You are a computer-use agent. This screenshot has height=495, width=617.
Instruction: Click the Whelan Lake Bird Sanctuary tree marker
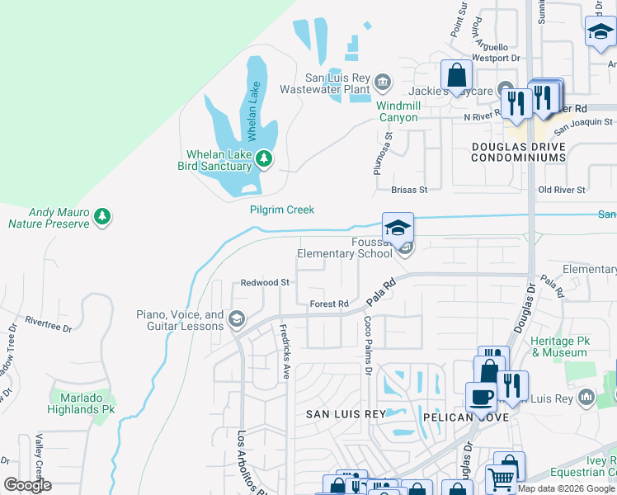point(263,158)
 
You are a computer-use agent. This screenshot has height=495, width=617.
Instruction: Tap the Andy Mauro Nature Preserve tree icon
point(102,217)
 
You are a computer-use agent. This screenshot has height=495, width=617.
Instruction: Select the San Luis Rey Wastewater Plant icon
point(382,81)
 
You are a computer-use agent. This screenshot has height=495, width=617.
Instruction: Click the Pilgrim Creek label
point(282,210)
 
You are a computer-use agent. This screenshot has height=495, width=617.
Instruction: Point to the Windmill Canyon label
point(398,111)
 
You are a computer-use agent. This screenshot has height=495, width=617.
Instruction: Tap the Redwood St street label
point(265,282)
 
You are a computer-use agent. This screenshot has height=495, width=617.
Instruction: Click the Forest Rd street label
point(329,304)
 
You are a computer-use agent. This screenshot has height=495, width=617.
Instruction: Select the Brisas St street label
point(409,190)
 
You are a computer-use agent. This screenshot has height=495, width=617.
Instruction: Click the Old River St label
point(561,190)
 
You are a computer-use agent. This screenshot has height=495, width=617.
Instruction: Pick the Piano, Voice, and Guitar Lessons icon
point(237,319)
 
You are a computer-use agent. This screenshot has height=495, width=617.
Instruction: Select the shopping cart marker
point(501,478)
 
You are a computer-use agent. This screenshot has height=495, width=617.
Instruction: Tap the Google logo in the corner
point(27,485)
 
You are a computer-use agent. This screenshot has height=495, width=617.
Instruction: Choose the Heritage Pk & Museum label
point(560,346)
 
